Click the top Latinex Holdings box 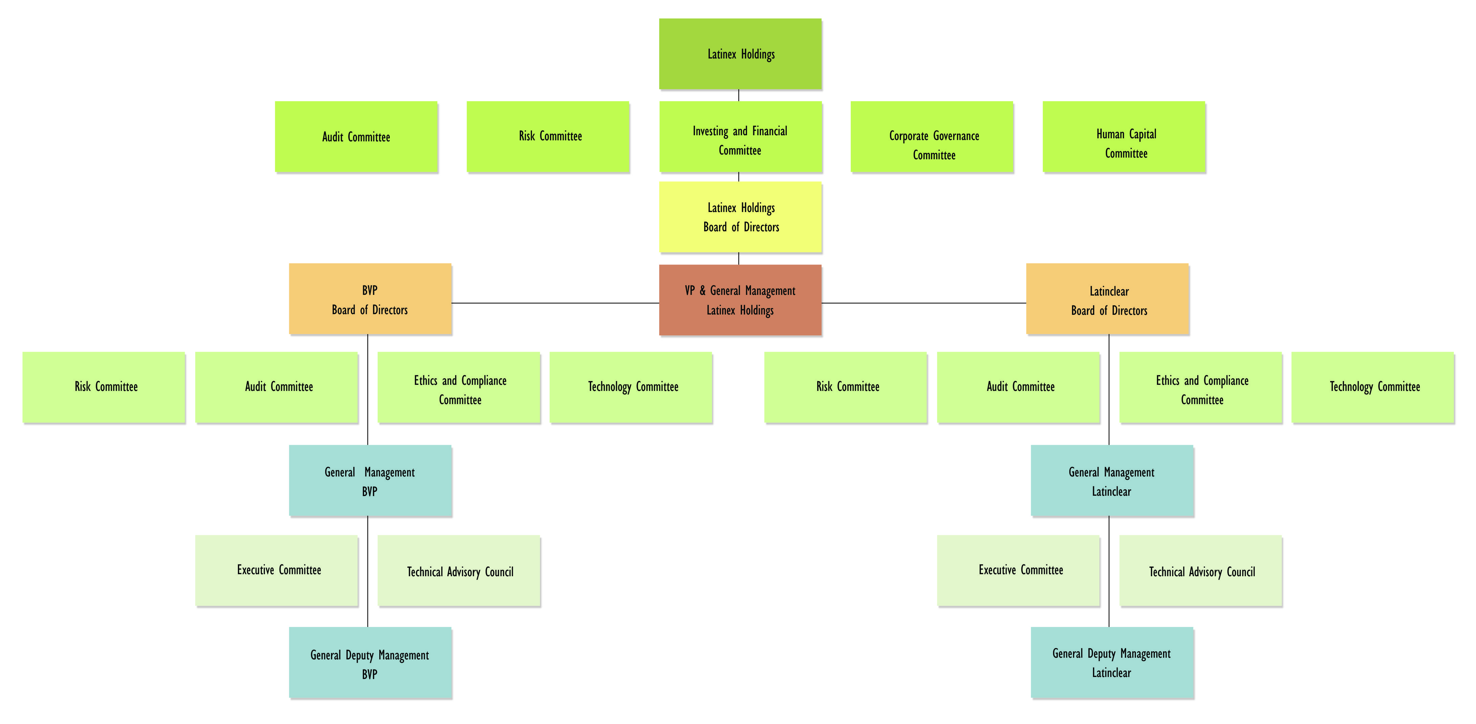coord(740,54)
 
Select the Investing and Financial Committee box coord(740,137)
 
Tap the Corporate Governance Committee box coord(932,137)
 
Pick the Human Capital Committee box coord(1124,137)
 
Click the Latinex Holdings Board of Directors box coord(740,217)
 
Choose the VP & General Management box coord(740,300)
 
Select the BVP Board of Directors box coord(370,299)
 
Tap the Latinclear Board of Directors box coord(1108,299)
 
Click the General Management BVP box coord(370,481)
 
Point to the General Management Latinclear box coord(1112,481)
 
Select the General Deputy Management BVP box coord(370,663)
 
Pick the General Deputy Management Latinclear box coord(1112,663)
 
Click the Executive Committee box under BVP coord(277,570)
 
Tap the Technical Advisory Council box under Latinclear coord(1201,570)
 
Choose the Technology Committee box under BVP coord(631,388)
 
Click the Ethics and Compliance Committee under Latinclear coord(1201,388)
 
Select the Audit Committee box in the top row coord(356,137)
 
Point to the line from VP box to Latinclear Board coord(924,303)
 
